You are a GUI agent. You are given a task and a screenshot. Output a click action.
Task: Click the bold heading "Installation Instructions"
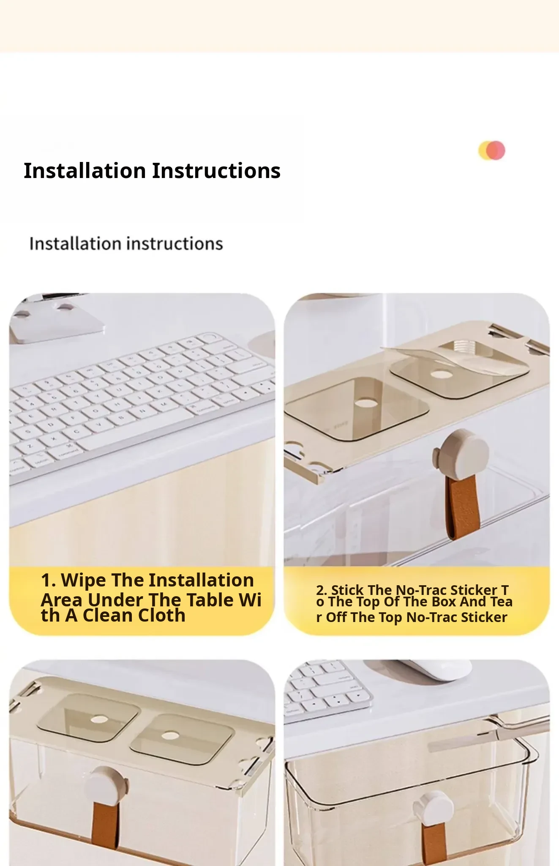point(152,171)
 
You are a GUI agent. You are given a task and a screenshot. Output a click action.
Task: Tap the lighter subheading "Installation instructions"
point(126,244)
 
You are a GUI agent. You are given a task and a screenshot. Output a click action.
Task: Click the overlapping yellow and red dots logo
point(492,151)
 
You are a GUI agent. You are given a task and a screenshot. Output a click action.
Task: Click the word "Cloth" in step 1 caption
point(161,615)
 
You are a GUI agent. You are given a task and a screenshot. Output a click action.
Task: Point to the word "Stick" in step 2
point(347,590)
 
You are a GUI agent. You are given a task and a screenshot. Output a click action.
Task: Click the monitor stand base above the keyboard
point(57,321)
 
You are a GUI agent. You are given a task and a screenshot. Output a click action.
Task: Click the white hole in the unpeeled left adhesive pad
point(366,403)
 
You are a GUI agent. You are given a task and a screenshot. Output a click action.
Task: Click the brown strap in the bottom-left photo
point(105,825)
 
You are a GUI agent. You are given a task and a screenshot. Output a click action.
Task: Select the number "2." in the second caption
point(322,590)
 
